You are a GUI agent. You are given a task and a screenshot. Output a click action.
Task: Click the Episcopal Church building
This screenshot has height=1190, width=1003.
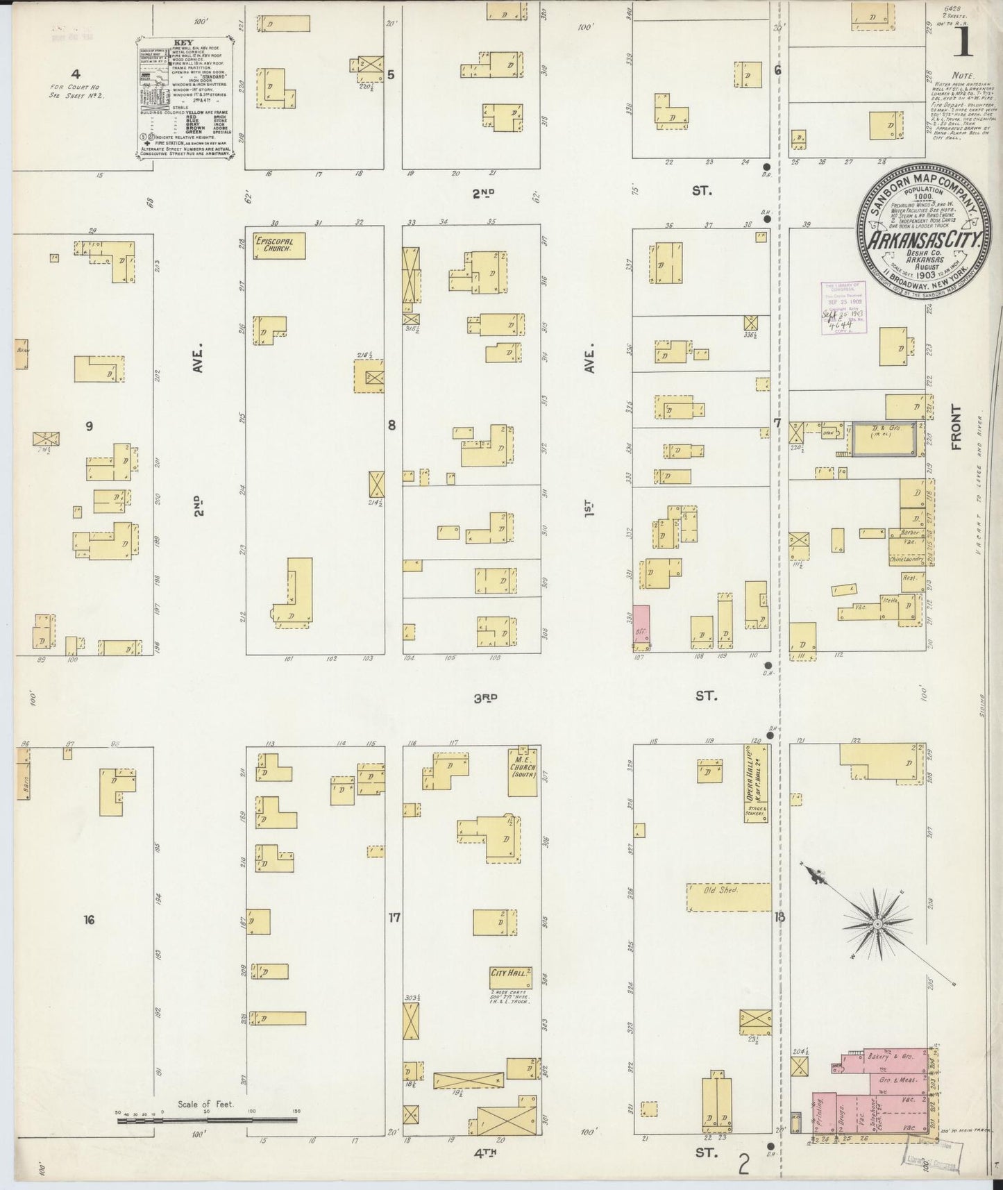click(x=278, y=246)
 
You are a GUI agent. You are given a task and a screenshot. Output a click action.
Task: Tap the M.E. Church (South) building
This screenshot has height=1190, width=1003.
click(x=522, y=764)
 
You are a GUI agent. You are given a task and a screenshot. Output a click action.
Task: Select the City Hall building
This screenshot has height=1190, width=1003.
click(x=510, y=977)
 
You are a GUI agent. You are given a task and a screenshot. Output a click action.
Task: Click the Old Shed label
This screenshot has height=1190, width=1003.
click(x=720, y=890)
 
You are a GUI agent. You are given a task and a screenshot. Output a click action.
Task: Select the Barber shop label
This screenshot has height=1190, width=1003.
click(x=910, y=533)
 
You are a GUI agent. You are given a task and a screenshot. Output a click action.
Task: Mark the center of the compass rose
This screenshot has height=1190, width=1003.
click(x=877, y=923)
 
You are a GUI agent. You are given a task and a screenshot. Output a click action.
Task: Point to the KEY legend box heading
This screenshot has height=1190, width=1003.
click(x=178, y=42)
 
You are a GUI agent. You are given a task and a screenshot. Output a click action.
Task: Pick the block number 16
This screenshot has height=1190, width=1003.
click(x=88, y=920)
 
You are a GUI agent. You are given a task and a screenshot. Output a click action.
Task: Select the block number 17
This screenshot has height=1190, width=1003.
click(x=394, y=918)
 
